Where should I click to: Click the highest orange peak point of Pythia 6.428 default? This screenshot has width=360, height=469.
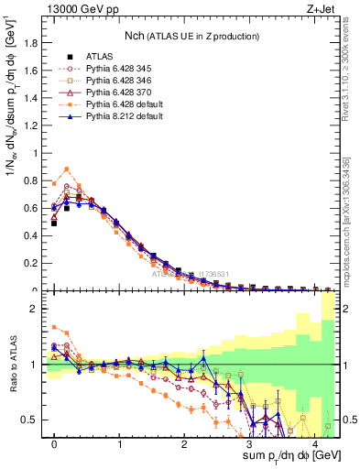(x=67, y=169)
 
